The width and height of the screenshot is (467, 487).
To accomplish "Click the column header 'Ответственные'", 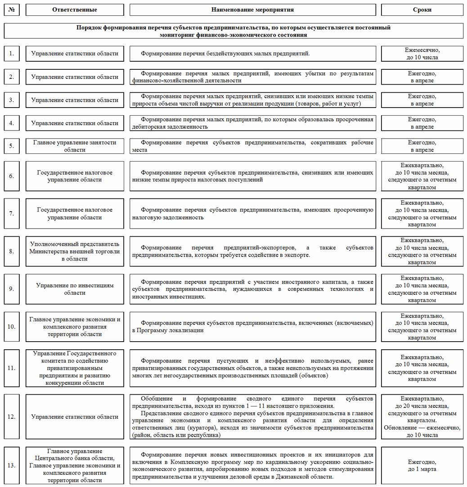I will (75, 9).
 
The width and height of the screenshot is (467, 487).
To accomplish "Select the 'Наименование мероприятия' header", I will (252, 9).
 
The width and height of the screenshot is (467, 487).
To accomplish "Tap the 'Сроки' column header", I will (422, 9).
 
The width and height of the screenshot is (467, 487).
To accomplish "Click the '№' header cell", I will (11, 9).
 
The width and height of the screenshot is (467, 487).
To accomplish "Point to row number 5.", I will (12, 146).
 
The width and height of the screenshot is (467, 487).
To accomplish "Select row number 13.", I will (12, 465).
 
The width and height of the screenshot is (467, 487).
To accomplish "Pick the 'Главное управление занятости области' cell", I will (75, 146).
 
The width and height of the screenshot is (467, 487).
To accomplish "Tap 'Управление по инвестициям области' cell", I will (75, 289).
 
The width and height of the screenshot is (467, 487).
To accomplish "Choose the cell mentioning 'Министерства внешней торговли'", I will (75, 251).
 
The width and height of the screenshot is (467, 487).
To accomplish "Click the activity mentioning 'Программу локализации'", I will (252, 327).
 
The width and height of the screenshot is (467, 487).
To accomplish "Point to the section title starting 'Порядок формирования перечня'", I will (233, 31).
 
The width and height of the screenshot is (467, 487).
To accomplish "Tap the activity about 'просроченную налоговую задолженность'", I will (252, 213).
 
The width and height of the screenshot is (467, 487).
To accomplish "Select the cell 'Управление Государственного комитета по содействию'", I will (75, 368).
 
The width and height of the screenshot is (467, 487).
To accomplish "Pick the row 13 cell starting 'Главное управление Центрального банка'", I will (75, 465).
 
